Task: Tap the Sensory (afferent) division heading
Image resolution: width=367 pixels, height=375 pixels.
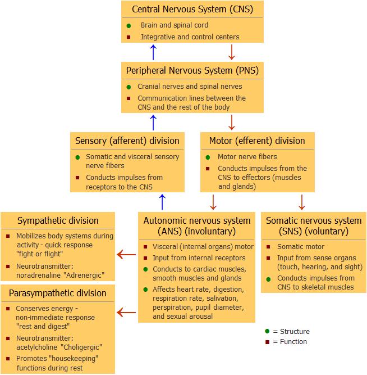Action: (127, 141)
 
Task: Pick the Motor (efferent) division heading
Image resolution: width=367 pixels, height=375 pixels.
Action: (257, 141)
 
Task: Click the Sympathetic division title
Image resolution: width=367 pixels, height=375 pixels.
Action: (58, 220)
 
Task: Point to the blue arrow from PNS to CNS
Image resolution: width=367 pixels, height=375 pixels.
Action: (154, 52)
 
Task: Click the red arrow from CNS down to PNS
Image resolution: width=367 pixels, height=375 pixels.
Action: (231, 52)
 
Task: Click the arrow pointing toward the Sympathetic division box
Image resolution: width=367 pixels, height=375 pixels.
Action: (126, 256)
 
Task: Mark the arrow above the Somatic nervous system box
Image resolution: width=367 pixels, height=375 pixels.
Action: (302, 201)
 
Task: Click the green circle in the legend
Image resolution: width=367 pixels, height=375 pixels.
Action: (267, 332)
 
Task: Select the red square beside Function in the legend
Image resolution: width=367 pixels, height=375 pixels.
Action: (267, 342)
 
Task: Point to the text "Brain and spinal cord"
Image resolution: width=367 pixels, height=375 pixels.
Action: (174, 25)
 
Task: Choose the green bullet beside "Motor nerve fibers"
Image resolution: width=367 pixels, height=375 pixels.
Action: (208, 157)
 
